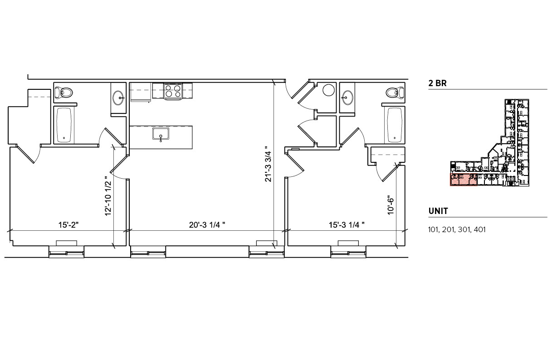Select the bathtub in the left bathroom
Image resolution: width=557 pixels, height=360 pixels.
pos(64,125)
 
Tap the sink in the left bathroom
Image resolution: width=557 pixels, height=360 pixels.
pos(118,97)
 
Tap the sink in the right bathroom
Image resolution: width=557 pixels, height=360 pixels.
pos(348,97)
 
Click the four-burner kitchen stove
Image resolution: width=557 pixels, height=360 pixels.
pos(173,91)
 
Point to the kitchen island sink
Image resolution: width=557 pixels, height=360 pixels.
pos(161,135)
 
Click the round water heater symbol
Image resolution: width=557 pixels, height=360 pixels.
pos(328,91)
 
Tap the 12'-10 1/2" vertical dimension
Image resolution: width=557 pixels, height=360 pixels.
pos(108,196)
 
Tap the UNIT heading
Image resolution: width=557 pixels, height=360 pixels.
pos(438,211)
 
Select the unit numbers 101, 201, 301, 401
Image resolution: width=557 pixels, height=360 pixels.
pos(457,229)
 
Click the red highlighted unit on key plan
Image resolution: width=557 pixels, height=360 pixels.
pos(463,180)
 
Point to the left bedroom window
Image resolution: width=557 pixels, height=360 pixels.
pos(67,252)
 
